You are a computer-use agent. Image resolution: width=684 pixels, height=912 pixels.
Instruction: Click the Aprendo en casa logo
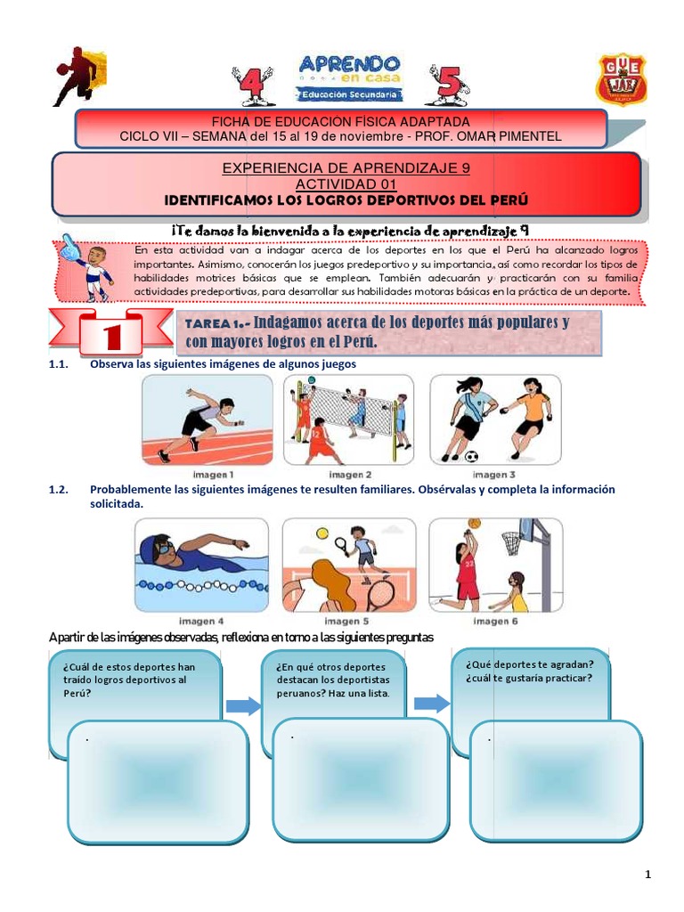[x=350, y=79]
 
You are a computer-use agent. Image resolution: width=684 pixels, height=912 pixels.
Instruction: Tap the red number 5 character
[x=447, y=85]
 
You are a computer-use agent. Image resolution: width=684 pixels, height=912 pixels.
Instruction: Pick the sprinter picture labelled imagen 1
[x=208, y=419]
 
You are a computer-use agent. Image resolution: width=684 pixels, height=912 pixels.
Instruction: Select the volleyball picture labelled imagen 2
[x=349, y=419]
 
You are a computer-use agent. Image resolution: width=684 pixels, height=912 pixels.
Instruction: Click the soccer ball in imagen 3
[x=471, y=457]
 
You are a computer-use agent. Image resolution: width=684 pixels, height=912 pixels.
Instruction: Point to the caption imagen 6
[x=495, y=621]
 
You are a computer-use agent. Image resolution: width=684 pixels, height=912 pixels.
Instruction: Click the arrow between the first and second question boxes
[x=241, y=706]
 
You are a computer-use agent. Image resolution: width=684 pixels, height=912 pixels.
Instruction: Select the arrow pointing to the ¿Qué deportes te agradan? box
[x=433, y=704]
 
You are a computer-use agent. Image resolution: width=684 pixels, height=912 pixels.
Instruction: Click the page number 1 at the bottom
[x=648, y=875]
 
